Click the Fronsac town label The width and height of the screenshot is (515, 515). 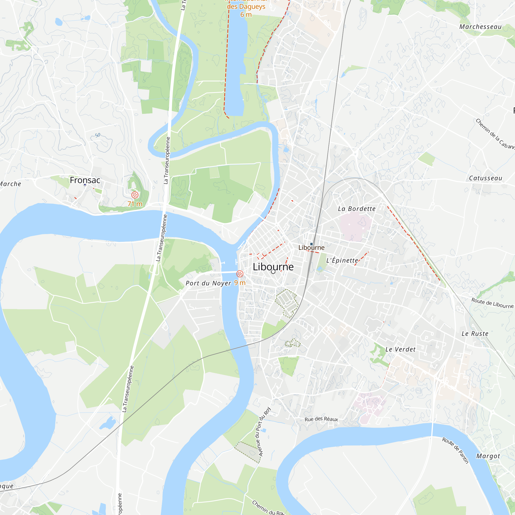pos(85,180)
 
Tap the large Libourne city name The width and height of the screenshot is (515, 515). pos(273,267)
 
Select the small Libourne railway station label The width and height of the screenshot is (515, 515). pos(311,248)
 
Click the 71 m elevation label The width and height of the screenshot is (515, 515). pos(135,204)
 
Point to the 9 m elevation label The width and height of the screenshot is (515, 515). pos(240,282)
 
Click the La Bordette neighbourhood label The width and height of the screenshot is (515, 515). pos(356,209)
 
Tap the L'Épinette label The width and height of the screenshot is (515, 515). pos(342,260)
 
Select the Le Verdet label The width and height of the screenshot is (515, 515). pos(400,349)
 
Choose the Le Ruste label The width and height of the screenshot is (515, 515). pos(475,333)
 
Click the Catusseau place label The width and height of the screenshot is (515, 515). pos(485,178)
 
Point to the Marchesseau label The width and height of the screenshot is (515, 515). pos(480,27)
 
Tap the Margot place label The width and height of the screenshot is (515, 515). pos(488,456)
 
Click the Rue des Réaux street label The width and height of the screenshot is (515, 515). pos(321,419)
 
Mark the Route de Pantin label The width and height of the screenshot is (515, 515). pos(455,450)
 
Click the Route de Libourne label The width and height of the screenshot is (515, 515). pos(492,303)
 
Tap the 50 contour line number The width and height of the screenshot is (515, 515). pos(98,135)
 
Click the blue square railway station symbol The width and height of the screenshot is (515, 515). pos(311,244)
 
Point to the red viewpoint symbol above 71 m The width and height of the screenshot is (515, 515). pos(135,195)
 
